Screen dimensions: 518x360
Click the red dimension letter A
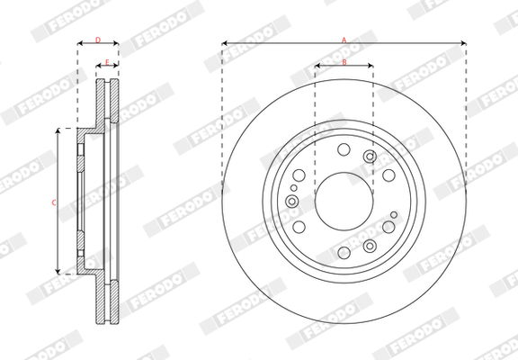[x=344, y=40]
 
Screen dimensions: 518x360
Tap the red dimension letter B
[x=344, y=62]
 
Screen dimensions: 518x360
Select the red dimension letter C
[x=54, y=202]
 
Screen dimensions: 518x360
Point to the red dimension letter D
[x=98, y=40]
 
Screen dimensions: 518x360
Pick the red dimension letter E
[x=107, y=62]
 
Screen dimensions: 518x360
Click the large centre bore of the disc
[x=344, y=202]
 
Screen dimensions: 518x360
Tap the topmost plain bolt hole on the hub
[x=344, y=149]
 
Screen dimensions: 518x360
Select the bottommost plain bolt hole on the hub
[x=344, y=253]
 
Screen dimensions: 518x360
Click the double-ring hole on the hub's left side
[x=292, y=201]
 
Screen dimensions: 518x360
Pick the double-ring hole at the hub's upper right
[x=370, y=157]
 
